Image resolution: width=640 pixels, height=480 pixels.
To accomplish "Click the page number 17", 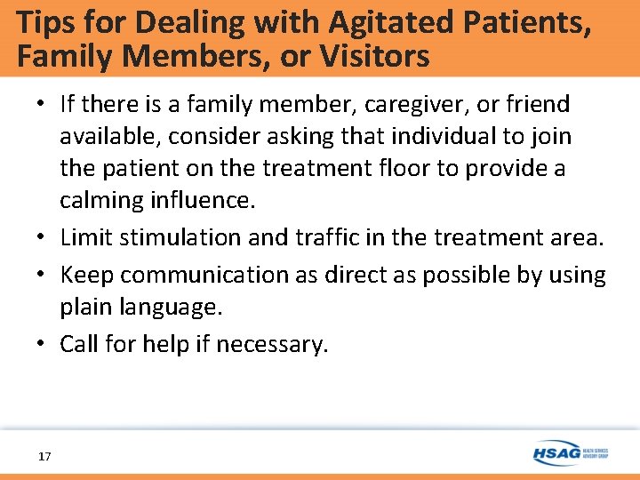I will click(44, 456).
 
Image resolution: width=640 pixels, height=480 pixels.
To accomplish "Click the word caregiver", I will click(401, 105).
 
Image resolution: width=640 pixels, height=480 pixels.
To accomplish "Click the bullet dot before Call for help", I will click(43, 344).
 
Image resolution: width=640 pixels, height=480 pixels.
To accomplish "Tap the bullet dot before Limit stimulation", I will click(43, 237).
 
